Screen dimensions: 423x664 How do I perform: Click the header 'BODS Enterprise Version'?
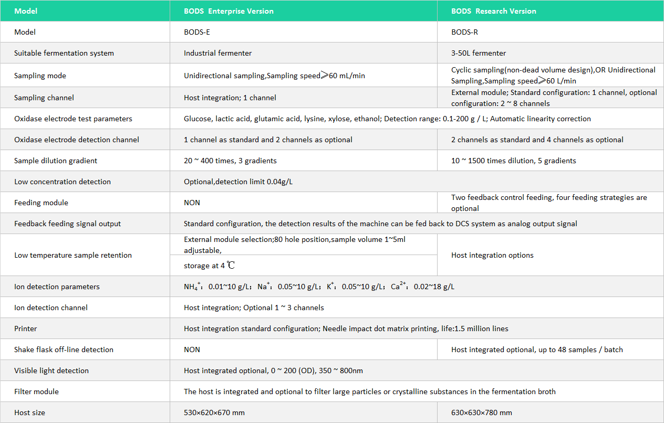pos(229,11)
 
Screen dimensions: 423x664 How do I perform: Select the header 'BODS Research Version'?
pos(494,11)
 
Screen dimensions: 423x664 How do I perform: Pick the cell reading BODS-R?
pos(465,32)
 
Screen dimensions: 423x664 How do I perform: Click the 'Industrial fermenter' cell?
pos(217,53)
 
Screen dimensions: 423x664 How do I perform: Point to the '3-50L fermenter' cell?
pos(479,53)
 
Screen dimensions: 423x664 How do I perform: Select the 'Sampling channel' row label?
pos(44,98)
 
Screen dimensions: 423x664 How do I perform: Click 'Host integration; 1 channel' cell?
pos(230,98)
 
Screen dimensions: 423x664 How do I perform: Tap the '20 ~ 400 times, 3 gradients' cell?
pos(230,161)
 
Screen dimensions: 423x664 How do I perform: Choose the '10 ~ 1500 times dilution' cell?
pos(514,161)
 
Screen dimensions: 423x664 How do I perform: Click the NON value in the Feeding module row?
pos(192,203)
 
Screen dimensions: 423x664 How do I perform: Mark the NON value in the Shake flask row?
pos(192,350)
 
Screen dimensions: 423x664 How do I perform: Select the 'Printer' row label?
pos(26,329)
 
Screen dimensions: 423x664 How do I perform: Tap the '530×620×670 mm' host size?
pos(214,413)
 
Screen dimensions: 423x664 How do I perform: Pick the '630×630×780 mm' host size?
pos(482,413)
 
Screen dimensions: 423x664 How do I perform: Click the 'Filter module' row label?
pos(36,392)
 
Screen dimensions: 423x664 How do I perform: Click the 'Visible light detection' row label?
pos(51,371)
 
